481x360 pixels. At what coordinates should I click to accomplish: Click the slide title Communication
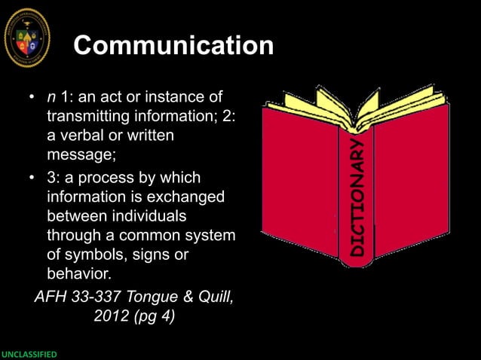(x=173, y=47)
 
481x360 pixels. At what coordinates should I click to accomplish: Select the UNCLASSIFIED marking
(x=29, y=354)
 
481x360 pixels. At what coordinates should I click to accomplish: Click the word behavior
(x=80, y=276)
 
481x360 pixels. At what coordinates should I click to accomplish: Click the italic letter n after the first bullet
(x=51, y=98)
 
